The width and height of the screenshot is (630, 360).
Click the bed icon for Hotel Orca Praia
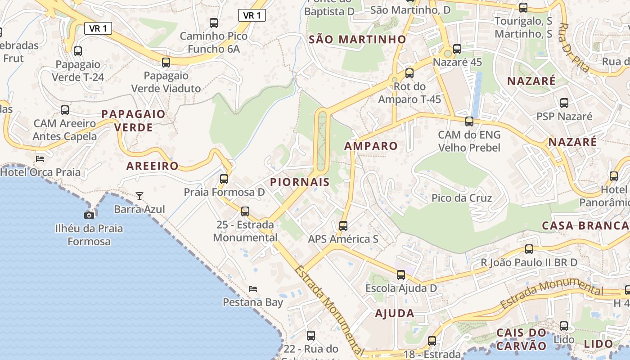point(40,158)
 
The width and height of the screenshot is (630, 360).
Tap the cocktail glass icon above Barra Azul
point(139,196)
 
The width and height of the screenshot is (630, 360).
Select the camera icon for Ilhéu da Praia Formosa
point(89,215)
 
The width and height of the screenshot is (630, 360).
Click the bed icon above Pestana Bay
point(253,288)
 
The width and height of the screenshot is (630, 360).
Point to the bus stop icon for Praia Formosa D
point(224,179)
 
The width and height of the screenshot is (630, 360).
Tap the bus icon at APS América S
point(343,225)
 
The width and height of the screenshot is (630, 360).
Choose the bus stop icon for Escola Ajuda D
point(401,274)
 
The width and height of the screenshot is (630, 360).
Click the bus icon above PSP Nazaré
point(564,103)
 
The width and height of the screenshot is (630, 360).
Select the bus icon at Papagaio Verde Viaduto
point(166,62)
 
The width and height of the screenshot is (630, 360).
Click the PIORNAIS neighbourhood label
point(300,182)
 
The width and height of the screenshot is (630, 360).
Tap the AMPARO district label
point(371,146)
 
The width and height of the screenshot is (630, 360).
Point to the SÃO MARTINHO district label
point(357,40)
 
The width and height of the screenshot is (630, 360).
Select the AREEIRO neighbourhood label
point(153,166)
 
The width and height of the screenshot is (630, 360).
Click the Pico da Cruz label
point(462,198)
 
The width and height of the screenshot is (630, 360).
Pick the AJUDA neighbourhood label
point(395,314)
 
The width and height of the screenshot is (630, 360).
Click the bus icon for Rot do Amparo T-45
point(409,72)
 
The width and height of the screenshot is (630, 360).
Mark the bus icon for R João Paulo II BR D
point(529,249)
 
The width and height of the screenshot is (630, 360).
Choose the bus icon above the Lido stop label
point(564,326)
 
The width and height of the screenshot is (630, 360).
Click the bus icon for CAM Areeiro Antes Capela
point(65,110)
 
